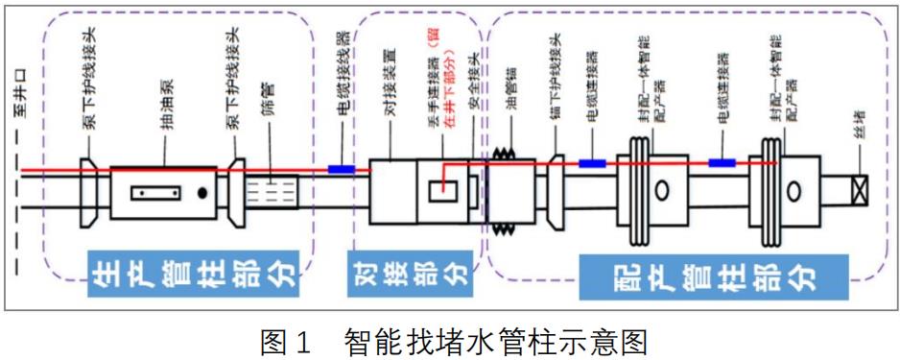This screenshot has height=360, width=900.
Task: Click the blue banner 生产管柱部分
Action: pos(194,274)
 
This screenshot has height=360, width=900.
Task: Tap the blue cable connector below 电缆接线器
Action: pos(342,169)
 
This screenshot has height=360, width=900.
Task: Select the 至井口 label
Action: pos(21,99)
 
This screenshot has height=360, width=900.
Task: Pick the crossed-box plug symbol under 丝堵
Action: pos(860,189)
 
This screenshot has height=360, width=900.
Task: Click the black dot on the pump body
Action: pos(201,193)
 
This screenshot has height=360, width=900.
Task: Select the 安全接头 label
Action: pos(475,92)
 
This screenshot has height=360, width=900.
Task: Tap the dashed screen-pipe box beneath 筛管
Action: pos(272,193)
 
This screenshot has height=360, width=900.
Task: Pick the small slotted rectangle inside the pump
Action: pos(155,193)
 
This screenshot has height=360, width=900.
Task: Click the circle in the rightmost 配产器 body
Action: pos(793,190)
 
